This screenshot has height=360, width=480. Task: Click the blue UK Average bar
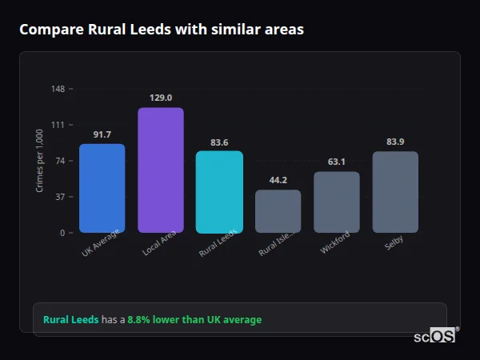[102, 189]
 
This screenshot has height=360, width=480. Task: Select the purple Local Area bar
[161, 170]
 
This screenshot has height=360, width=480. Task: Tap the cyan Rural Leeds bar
[219, 192]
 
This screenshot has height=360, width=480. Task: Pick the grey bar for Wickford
[337, 202]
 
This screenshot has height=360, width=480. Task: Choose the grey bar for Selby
[395, 192]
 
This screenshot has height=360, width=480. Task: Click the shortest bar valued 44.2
[278, 211]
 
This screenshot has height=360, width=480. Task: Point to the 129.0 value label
[161, 98]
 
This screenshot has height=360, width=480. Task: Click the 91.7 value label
[102, 134]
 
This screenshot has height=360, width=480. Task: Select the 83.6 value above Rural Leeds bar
[219, 142]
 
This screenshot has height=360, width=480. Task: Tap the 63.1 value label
[337, 162]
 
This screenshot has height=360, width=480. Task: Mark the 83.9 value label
[395, 142]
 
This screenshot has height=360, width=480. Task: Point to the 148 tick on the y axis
[58, 89]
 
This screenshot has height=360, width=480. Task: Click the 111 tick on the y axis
[58, 125]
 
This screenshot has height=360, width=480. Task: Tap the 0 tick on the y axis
[62, 233]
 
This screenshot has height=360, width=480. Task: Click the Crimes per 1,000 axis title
[40, 161]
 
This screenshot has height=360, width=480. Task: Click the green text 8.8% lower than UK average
[194, 320]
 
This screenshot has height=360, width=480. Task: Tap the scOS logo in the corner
[435, 337]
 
